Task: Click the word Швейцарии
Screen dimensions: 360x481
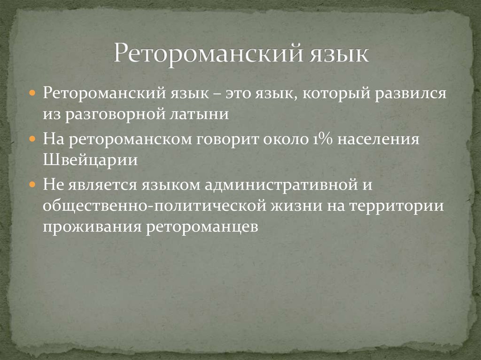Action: [91, 160]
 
